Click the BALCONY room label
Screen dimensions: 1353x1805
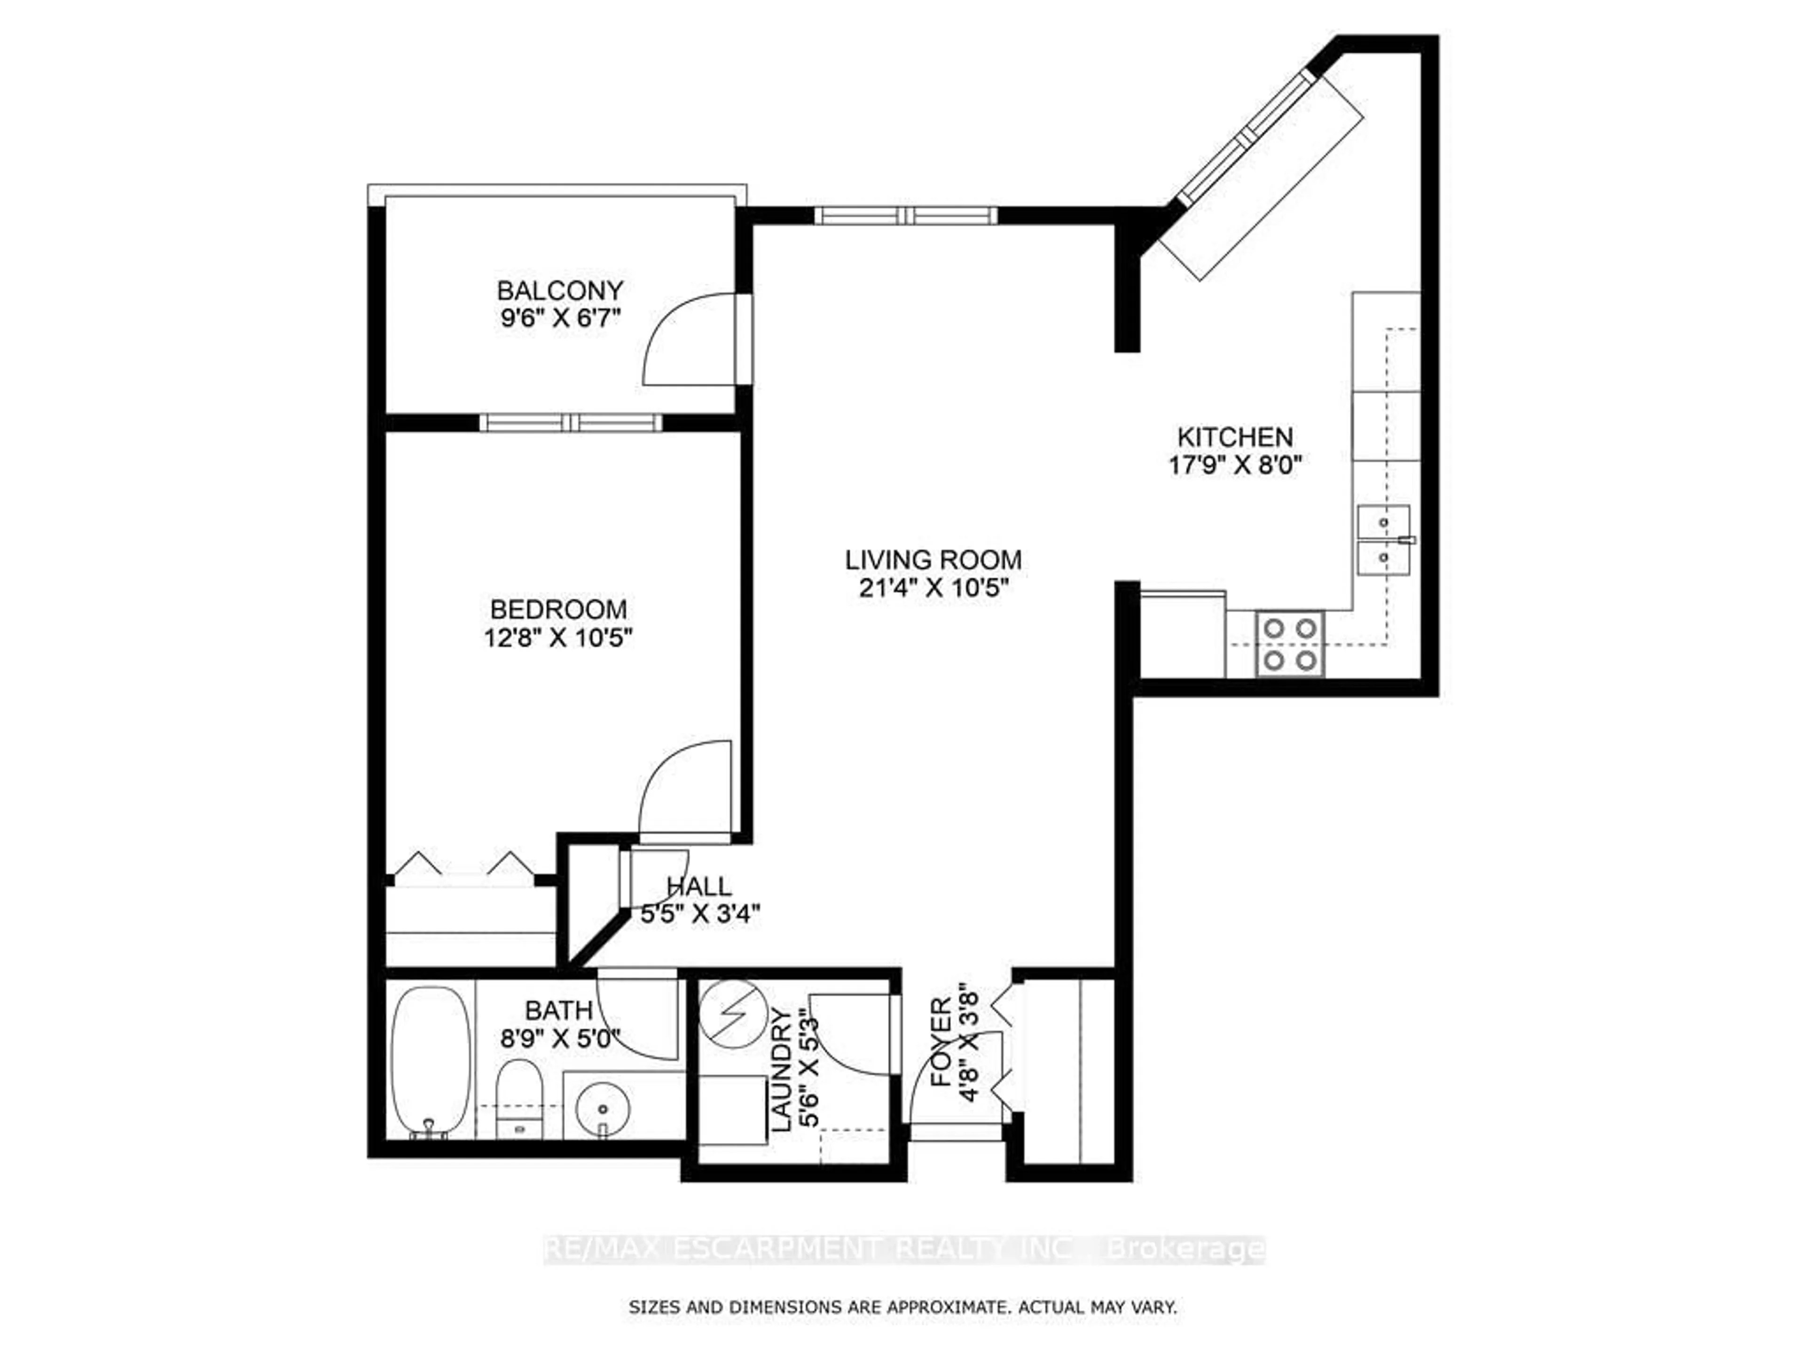[x=560, y=290]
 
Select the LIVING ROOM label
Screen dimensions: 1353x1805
[x=933, y=560]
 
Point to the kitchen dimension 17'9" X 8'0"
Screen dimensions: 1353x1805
[x=1235, y=466]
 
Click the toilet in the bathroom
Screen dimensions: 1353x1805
[x=519, y=1098]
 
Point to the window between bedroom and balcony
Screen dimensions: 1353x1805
[x=570, y=422]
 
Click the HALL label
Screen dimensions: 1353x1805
[x=698, y=886]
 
